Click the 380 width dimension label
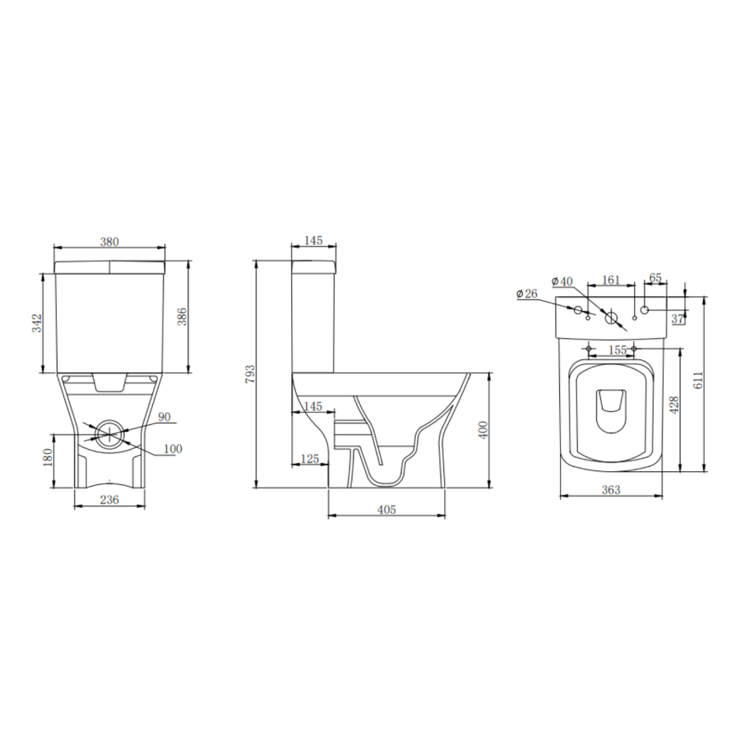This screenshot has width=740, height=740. coord(109,242)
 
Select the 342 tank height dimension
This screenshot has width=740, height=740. coord(37,323)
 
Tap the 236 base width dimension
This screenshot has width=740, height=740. coord(109,499)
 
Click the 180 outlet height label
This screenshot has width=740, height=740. coord(48,457)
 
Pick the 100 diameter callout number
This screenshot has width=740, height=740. coord(173,448)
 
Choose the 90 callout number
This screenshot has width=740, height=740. coord(164,417)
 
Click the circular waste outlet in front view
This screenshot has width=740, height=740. coord(111,432)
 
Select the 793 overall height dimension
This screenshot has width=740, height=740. coord(251,374)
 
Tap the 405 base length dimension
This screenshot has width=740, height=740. coord(386,509)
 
